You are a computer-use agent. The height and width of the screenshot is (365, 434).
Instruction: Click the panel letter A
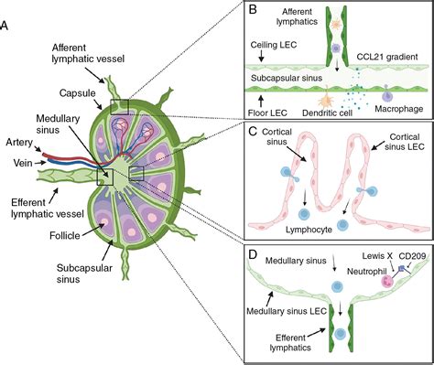pyautogui.click(x=7, y=25)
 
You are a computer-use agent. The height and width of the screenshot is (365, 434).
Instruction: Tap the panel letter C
pyautogui.click(x=255, y=134)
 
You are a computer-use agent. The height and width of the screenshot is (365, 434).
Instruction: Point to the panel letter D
pyautogui.click(x=255, y=253)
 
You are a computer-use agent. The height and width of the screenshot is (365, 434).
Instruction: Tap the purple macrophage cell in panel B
pyautogui.click(x=387, y=94)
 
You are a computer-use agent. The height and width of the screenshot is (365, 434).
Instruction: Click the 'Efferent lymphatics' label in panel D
pyautogui.click(x=293, y=343)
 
